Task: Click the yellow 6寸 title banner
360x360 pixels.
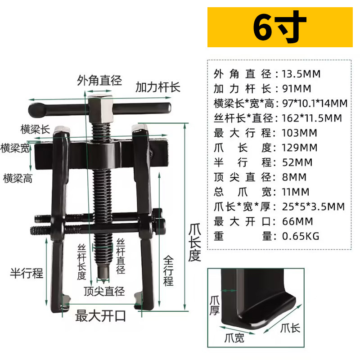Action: (x=279, y=27)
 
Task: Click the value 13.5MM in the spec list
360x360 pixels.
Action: (x=301, y=74)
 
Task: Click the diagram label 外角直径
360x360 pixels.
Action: (x=99, y=81)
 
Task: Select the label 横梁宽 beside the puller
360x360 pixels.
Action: (x=15, y=148)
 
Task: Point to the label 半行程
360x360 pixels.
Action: (x=27, y=273)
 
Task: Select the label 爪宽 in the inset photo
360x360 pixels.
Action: (x=234, y=338)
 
